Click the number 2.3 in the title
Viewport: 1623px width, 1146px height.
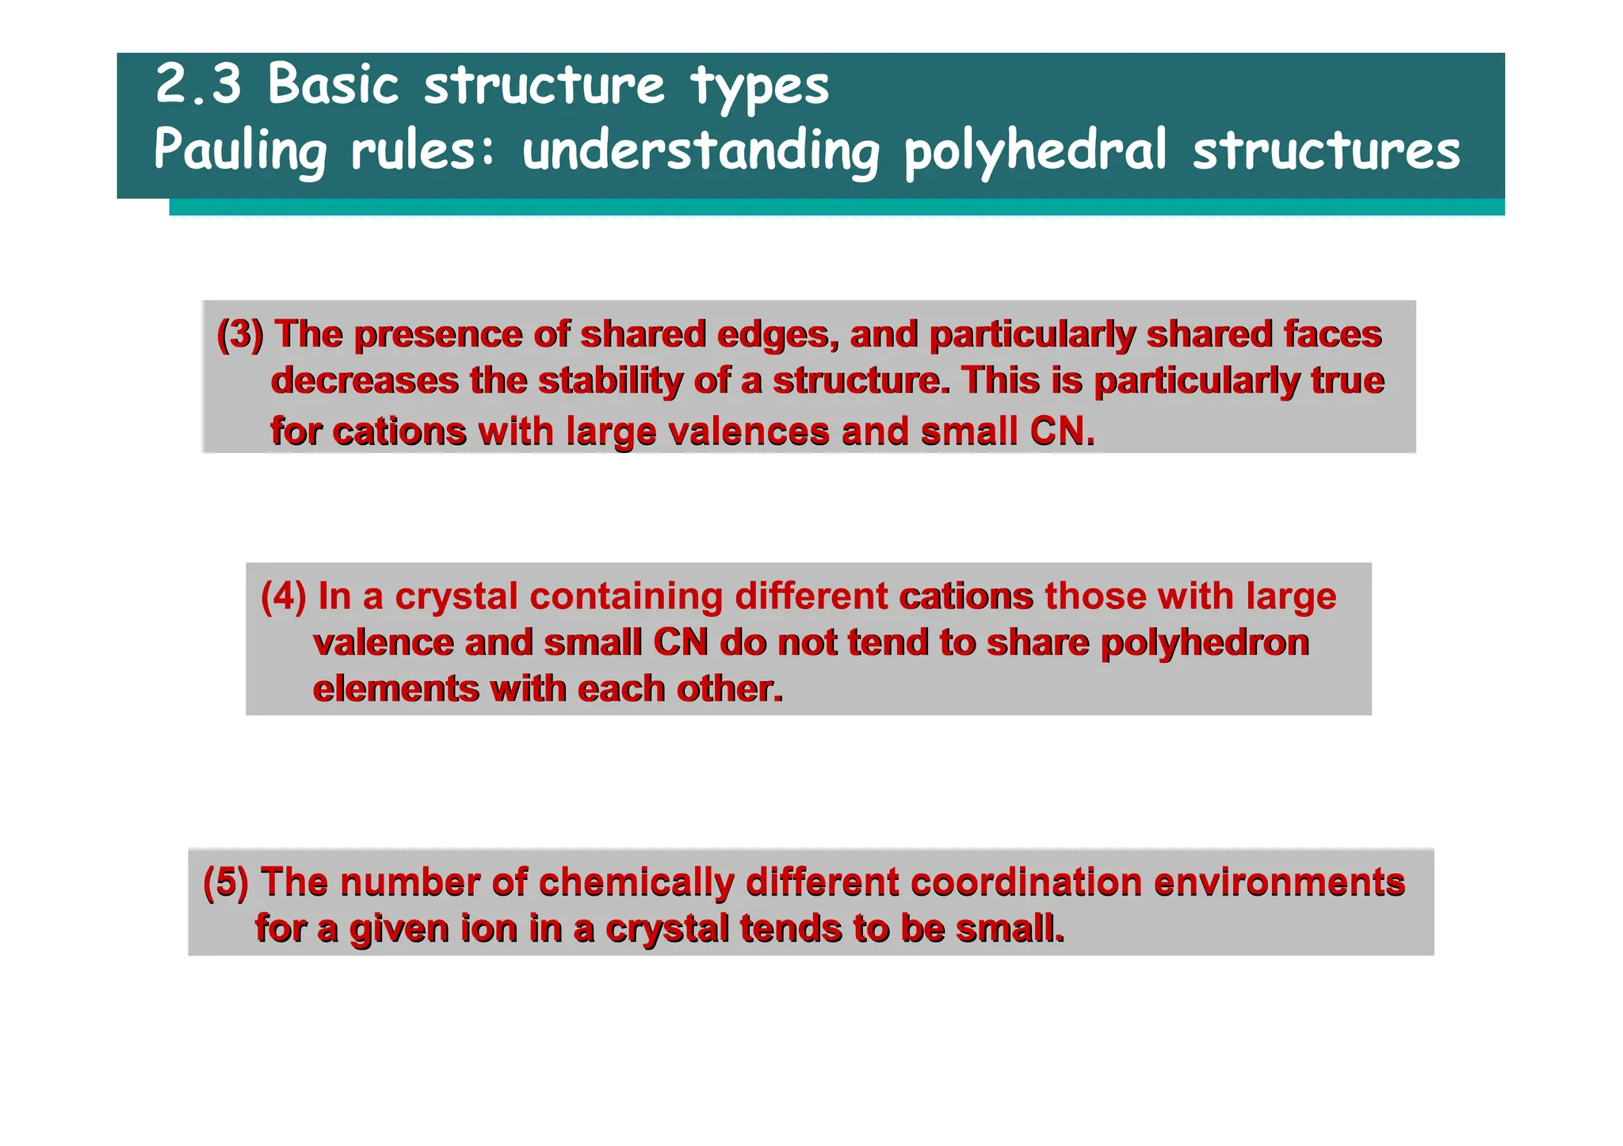(x=198, y=84)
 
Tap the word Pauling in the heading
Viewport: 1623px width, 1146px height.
(x=240, y=150)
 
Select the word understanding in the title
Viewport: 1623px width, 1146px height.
(x=701, y=150)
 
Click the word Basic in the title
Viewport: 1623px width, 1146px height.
(x=333, y=84)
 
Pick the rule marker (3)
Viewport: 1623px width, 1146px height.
(x=239, y=335)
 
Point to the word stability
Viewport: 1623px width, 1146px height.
(x=610, y=381)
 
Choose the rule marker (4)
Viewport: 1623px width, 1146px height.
(x=283, y=596)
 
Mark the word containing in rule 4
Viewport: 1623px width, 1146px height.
(x=626, y=596)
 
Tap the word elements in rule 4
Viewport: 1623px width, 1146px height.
(x=395, y=689)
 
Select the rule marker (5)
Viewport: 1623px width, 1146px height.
(x=226, y=882)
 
